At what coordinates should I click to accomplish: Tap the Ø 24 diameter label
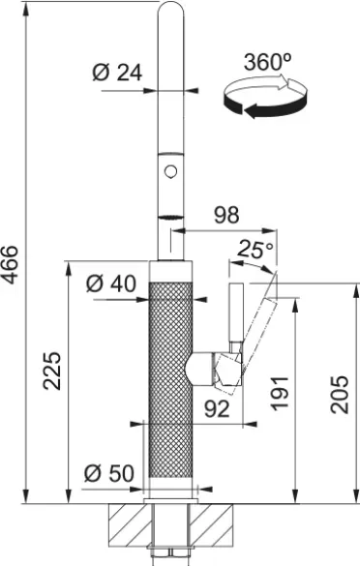[x=117, y=73]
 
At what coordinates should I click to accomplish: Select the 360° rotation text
[x=267, y=62]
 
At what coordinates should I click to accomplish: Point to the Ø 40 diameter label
[x=111, y=283]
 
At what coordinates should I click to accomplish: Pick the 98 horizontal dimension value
[x=226, y=215]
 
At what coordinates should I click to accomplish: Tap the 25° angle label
[x=255, y=249]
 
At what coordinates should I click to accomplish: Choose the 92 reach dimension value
[x=217, y=408]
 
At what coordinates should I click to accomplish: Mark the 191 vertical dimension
[x=281, y=393]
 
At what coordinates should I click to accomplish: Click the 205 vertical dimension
[x=340, y=395]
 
